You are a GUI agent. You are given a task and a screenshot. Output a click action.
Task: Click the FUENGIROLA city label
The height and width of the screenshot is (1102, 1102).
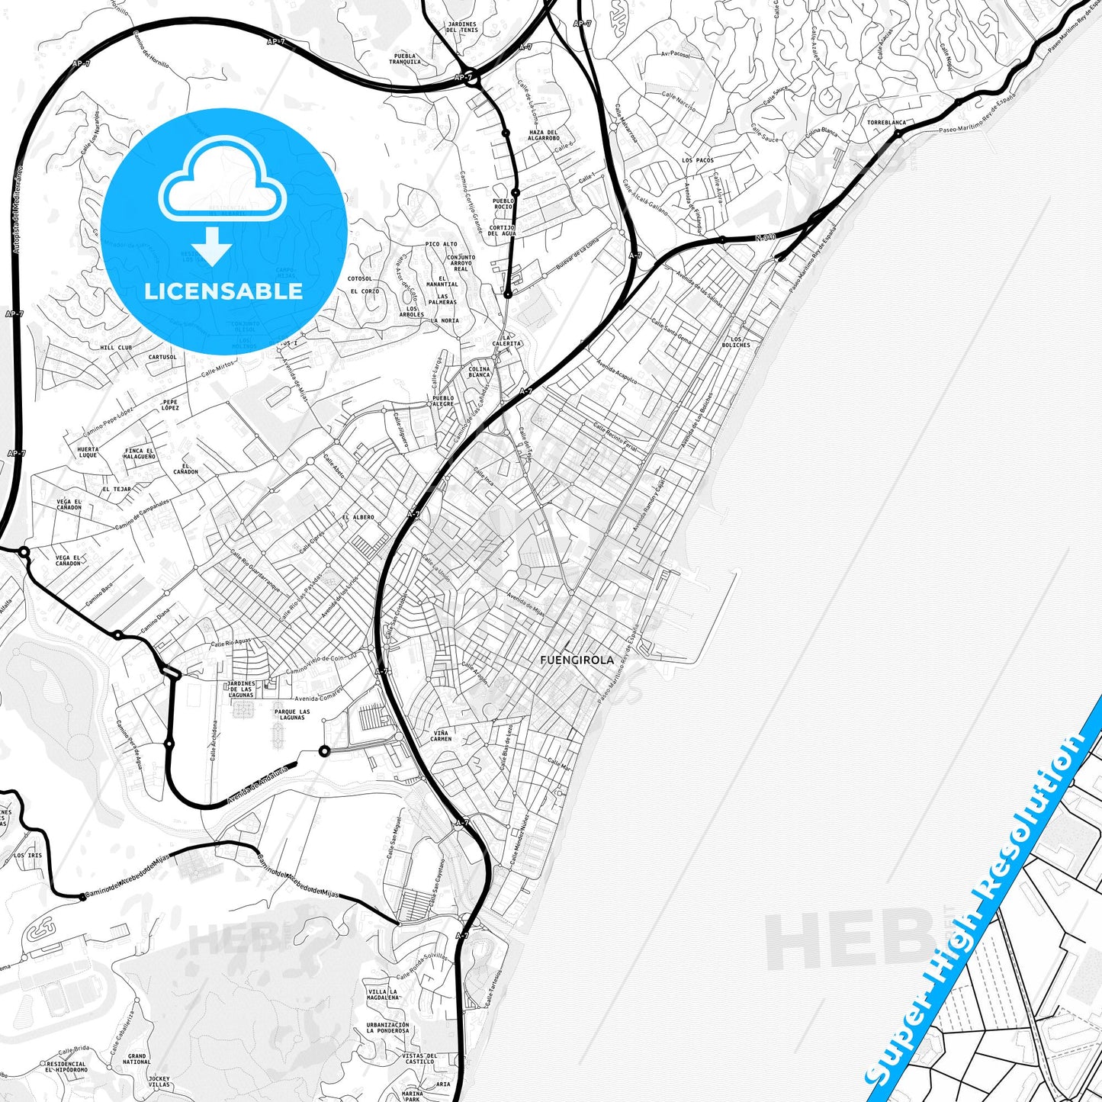click(576, 660)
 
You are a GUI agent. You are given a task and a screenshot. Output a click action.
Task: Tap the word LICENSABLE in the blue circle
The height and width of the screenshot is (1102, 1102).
click(224, 291)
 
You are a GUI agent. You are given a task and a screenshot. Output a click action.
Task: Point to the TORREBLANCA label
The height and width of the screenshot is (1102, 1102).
click(886, 122)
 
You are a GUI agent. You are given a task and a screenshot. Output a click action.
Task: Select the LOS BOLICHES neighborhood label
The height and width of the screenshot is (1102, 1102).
click(735, 342)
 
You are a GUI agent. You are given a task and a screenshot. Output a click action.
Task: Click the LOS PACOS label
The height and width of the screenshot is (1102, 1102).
click(698, 160)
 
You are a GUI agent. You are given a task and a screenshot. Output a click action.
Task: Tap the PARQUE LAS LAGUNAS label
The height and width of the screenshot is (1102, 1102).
click(292, 715)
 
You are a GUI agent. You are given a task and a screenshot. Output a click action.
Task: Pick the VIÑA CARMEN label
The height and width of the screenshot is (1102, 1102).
click(441, 735)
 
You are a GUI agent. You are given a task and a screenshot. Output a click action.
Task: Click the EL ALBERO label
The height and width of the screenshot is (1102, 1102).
click(358, 517)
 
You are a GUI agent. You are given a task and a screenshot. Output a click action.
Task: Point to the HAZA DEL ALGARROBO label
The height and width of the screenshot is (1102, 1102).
click(544, 135)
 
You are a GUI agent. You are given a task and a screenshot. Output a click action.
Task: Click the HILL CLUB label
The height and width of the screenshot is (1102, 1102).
click(116, 348)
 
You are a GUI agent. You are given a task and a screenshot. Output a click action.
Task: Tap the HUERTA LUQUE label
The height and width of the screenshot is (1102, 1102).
click(88, 452)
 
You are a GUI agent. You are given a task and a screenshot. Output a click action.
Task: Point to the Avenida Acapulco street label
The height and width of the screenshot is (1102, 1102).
click(617, 371)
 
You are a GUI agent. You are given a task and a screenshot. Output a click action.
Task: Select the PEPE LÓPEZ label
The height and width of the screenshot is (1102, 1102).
click(170, 404)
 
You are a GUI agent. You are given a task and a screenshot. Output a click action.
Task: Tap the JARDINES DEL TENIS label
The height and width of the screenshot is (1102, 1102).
click(462, 27)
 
